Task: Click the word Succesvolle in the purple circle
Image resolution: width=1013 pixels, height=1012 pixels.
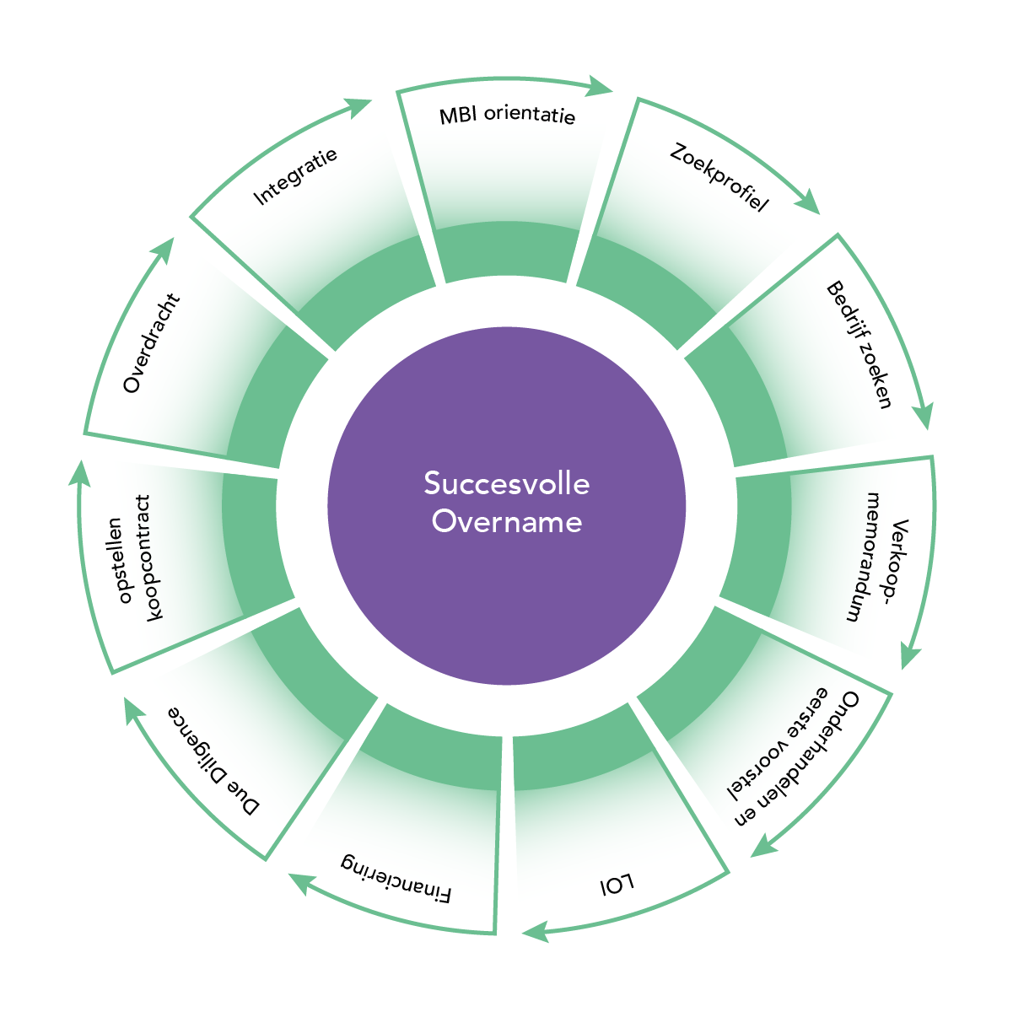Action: tap(506, 483)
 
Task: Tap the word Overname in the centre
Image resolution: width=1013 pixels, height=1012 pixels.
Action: tap(506, 521)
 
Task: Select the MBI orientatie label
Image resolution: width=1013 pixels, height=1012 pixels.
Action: tap(507, 115)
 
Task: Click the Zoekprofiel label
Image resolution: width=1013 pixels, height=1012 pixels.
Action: tap(719, 178)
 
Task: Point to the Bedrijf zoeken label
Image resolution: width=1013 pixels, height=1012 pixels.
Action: tap(859, 345)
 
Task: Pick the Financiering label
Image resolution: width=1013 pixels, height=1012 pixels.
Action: tap(396, 877)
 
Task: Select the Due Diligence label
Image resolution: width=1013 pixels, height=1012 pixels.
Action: tap(213, 760)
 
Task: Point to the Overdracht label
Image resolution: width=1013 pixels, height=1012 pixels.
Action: tap(151, 343)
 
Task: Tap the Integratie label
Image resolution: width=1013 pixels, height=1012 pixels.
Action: tap(295, 176)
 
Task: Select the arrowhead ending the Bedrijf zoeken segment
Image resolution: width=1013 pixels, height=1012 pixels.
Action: tap(924, 417)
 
